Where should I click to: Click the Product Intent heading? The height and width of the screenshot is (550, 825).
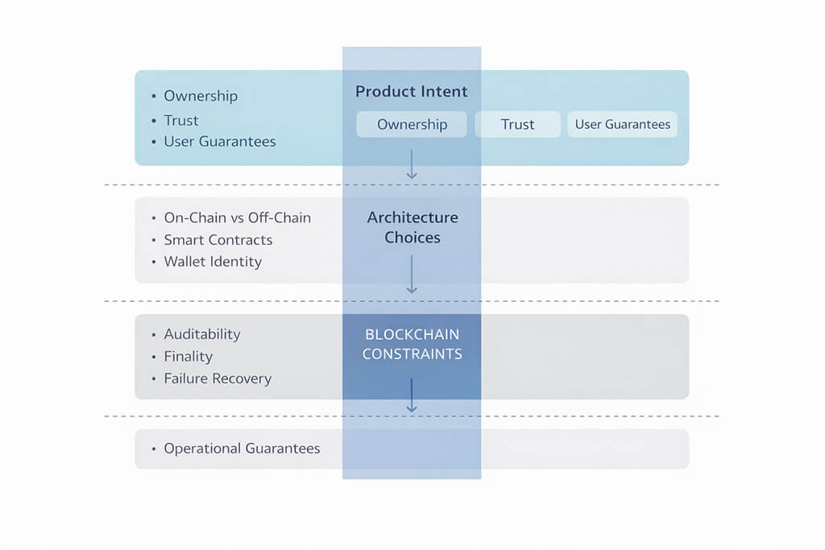(411, 92)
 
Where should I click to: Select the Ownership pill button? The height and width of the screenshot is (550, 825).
(412, 125)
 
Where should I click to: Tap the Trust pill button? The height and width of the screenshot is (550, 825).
(517, 125)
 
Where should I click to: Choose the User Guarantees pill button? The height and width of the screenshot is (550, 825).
(622, 125)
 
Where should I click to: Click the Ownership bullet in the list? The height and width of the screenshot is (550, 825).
(201, 96)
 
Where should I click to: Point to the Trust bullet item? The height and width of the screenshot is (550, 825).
(181, 121)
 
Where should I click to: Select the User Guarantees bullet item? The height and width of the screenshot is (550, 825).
(219, 142)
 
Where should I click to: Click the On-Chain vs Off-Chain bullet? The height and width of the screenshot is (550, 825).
(237, 218)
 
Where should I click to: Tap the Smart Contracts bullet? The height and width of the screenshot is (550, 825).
(218, 240)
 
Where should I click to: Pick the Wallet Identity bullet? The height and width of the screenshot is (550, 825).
(213, 262)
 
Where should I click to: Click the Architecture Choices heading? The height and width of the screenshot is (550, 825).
(412, 227)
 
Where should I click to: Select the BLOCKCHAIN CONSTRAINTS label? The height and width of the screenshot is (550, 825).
(412, 344)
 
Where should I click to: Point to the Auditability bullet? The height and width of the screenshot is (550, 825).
(202, 334)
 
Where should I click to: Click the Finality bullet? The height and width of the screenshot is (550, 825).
(188, 356)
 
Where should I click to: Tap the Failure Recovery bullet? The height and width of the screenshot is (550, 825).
(218, 378)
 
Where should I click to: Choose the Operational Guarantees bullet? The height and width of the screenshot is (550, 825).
(242, 449)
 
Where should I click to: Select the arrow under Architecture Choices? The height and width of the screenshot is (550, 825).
(412, 275)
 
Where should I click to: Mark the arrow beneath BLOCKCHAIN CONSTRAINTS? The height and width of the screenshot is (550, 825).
(412, 395)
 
